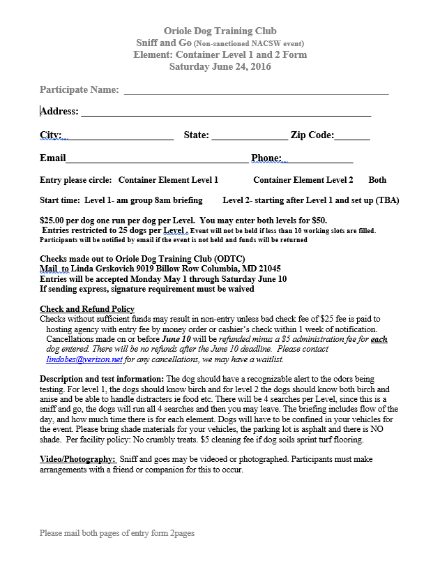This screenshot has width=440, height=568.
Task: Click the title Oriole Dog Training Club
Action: click(x=220, y=31)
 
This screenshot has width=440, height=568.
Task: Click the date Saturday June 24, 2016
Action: click(x=220, y=67)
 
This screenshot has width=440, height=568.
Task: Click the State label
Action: click(x=196, y=135)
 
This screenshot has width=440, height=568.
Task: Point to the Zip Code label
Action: click(x=312, y=135)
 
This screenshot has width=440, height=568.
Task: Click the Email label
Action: click(x=53, y=158)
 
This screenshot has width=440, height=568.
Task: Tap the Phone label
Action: click(x=266, y=158)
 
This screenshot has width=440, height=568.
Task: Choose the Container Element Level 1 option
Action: click(x=168, y=180)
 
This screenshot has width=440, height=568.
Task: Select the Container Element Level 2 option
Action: click(x=303, y=180)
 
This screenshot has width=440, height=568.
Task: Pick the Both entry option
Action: click(x=377, y=180)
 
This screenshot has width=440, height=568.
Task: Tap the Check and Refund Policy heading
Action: click(x=87, y=309)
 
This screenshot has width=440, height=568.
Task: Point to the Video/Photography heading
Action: click(x=77, y=459)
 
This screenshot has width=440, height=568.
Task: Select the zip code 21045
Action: click(x=268, y=268)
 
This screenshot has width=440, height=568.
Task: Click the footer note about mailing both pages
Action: click(x=117, y=533)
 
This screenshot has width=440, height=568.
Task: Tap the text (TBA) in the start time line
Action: click(x=387, y=200)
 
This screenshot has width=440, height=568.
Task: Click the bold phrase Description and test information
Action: click(x=102, y=378)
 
